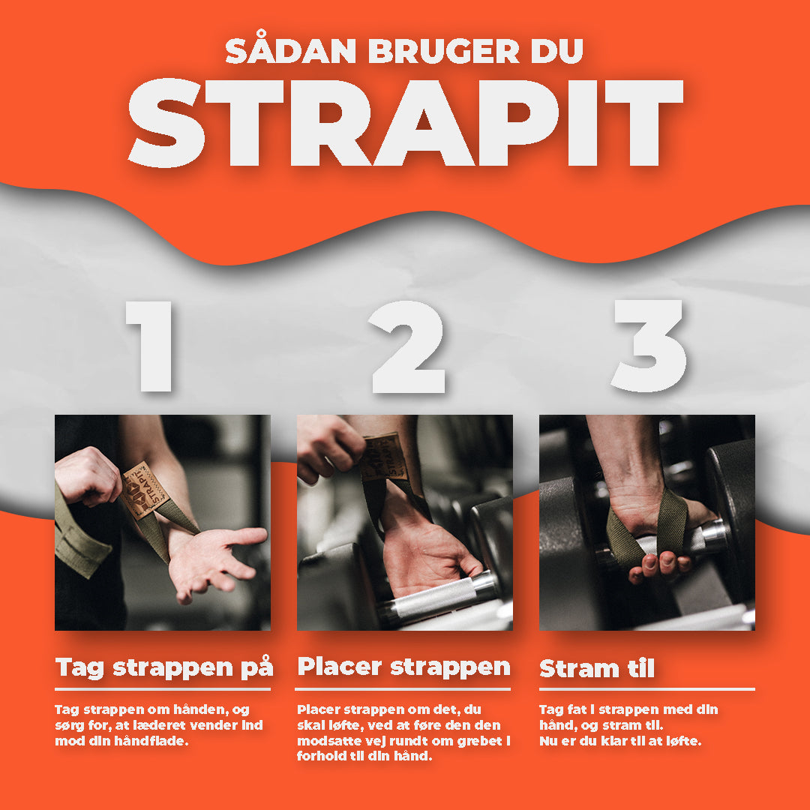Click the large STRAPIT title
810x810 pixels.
406,123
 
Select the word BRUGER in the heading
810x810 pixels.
444,51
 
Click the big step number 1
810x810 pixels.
149,346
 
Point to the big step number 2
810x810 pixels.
407,346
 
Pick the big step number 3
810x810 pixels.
649,346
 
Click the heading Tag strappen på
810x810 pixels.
163,667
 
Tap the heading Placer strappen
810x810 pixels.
403,667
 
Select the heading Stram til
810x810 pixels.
597,668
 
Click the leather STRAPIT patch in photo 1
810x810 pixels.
145,490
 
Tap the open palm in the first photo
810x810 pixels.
211,560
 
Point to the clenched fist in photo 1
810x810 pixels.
87,475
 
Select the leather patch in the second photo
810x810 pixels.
384,457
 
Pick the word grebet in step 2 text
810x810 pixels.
478,741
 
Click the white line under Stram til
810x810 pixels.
646,688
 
